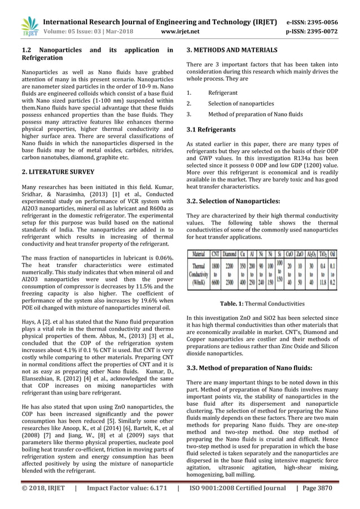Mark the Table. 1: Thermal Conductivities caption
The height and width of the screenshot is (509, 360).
[262, 304]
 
